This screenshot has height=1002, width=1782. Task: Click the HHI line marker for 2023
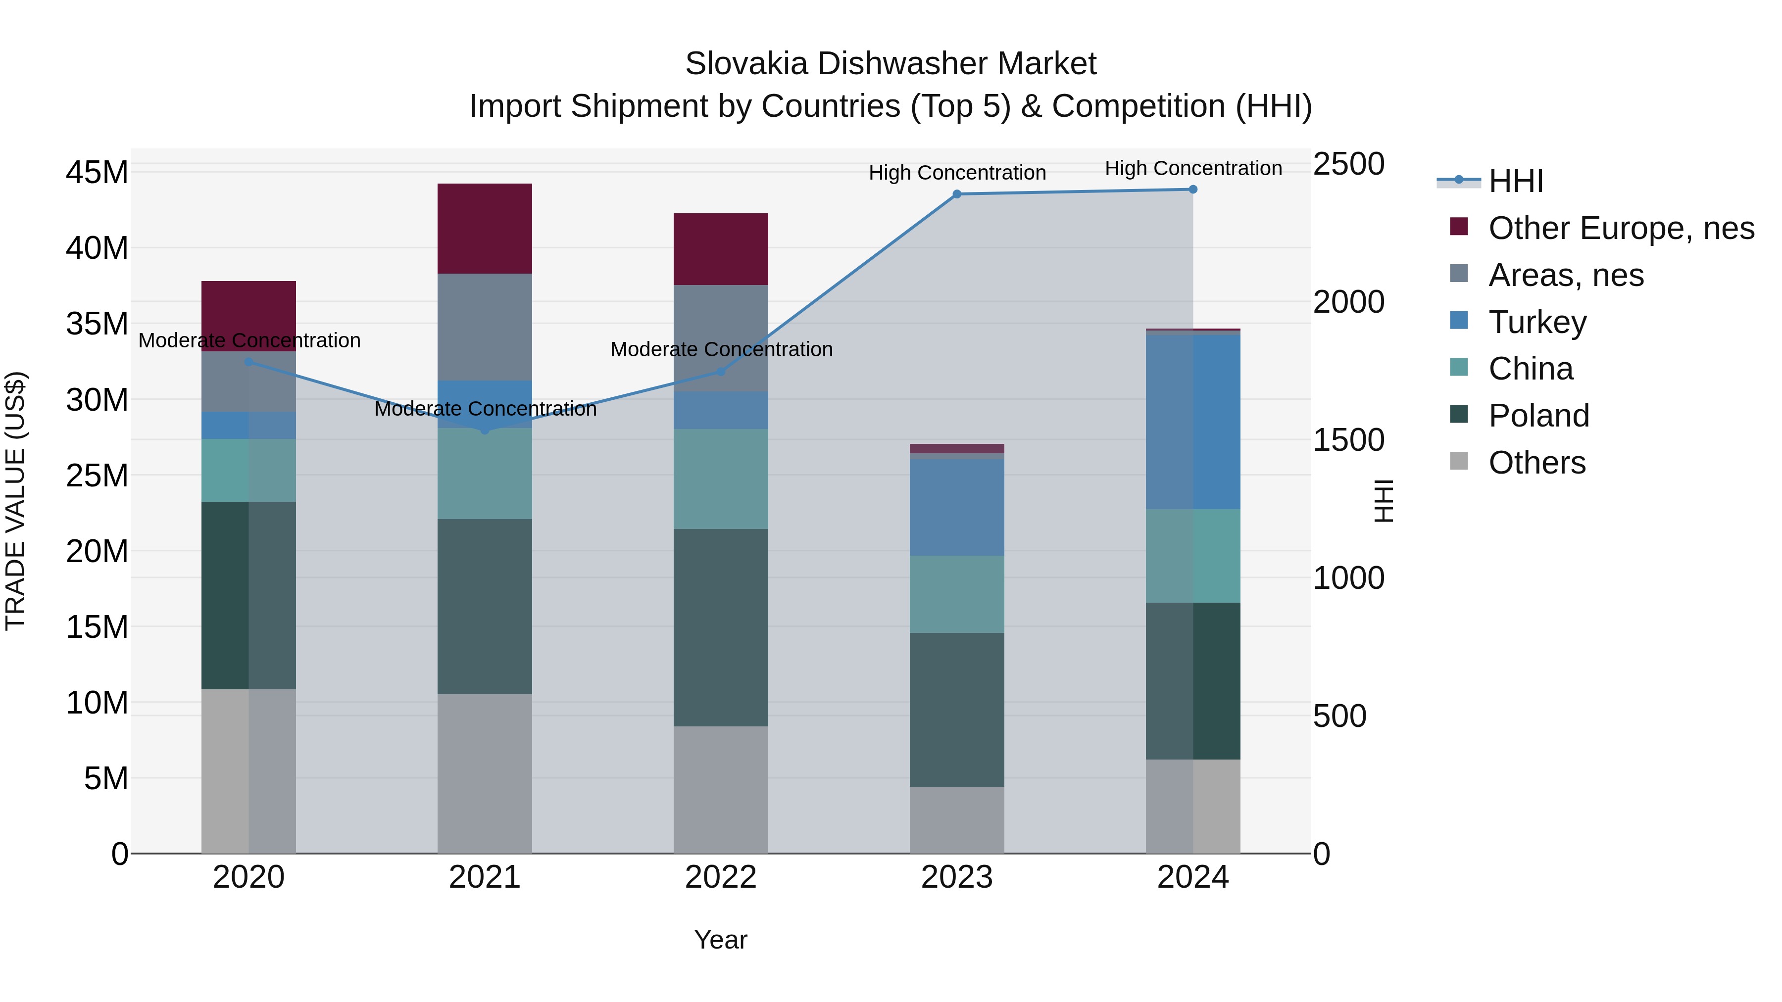pyautogui.click(x=957, y=194)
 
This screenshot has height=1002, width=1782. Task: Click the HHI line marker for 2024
pyautogui.click(x=1192, y=190)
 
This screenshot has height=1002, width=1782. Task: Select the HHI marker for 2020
pyautogui.click(x=249, y=362)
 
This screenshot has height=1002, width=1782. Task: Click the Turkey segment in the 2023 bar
pyautogui.click(x=957, y=507)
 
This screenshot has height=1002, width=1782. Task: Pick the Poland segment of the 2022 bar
pyautogui.click(x=721, y=627)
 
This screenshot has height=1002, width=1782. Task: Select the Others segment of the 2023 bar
pyautogui.click(x=957, y=819)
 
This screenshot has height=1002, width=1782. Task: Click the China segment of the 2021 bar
pyautogui.click(x=484, y=474)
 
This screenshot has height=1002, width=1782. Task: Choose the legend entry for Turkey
pyautogui.click(x=1537, y=322)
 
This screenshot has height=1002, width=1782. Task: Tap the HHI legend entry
pyautogui.click(x=1515, y=181)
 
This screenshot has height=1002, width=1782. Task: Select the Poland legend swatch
pyautogui.click(x=1459, y=415)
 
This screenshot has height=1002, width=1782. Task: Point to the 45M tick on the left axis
pyautogui.click(x=97, y=172)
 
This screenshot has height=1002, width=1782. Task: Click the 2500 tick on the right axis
pyautogui.click(x=1348, y=165)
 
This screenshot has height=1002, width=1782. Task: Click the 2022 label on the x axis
pyautogui.click(x=721, y=877)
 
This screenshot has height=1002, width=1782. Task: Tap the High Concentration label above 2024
pyautogui.click(x=1192, y=168)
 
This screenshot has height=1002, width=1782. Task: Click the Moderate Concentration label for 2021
pyautogui.click(x=485, y=409)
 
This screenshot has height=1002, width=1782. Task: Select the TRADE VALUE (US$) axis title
pyautogui.click(x=15, y=501)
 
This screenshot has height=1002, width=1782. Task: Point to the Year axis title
pyautogui.click(x=721, y=940)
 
